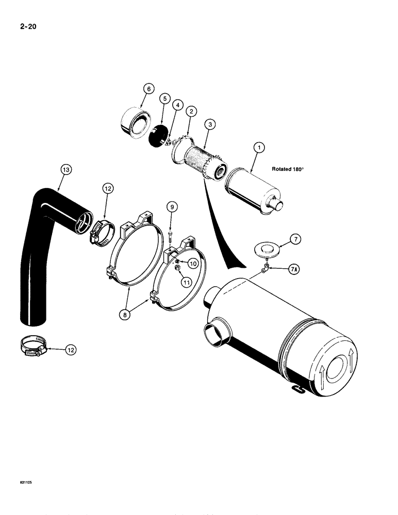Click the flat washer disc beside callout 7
267,251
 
